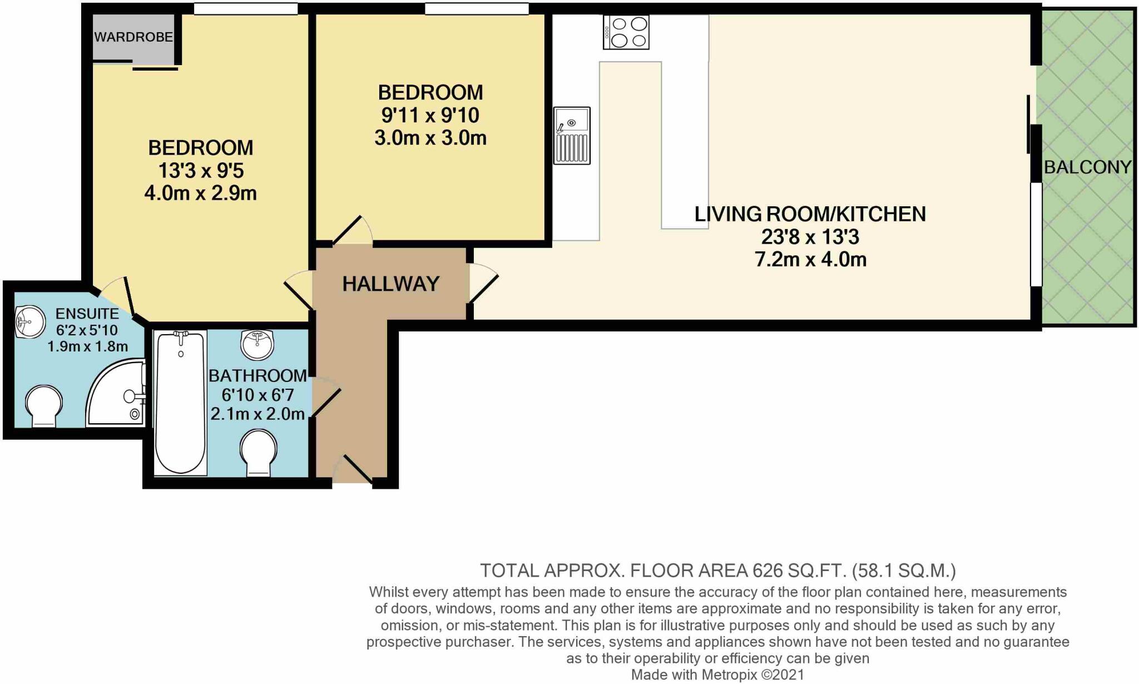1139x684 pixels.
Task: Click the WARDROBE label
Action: coord(133,37)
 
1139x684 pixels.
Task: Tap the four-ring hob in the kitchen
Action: coord(626,32)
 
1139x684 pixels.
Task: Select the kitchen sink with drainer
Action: coord(572,136)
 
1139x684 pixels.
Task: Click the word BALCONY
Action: coord(1087,167)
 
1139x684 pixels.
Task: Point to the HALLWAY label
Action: coord(390,284)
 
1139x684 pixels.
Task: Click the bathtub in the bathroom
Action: coord(180,403)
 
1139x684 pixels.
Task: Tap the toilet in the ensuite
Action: coord(44,405)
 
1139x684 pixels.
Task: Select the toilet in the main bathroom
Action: coord(258,452)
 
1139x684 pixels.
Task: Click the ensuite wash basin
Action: coord(29,321)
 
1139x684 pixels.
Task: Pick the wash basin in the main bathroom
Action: coord(257,344)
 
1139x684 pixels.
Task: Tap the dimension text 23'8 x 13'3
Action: coord(810,237)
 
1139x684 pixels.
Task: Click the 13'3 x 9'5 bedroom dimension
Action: coord(201,171)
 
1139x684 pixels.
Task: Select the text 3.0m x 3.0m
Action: coord(430,138)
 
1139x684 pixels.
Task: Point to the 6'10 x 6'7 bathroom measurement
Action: coord(257,395)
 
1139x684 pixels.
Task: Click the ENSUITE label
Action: coord(87,314)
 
